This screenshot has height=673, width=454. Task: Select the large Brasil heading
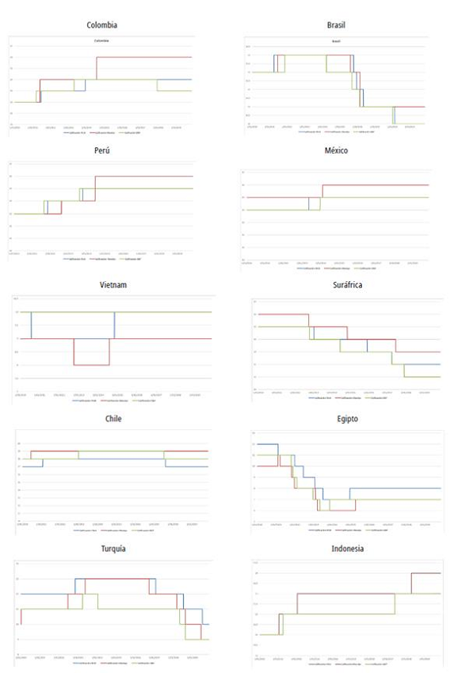pos(335,25)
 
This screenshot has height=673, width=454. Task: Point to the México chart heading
pos(336,150)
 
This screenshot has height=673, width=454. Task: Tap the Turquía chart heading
pos(110,549)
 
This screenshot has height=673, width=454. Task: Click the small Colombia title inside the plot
pos(101,40)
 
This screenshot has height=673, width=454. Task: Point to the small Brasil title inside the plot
pos(336,40)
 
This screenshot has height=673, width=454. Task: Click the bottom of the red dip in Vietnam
pos(91,365)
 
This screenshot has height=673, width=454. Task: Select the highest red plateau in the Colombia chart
pos(143,57)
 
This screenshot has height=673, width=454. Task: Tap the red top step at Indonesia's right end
pos(425,573)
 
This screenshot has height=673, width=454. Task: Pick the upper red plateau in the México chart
pos(372,184)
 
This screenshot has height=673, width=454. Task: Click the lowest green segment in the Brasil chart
pos(410,124)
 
